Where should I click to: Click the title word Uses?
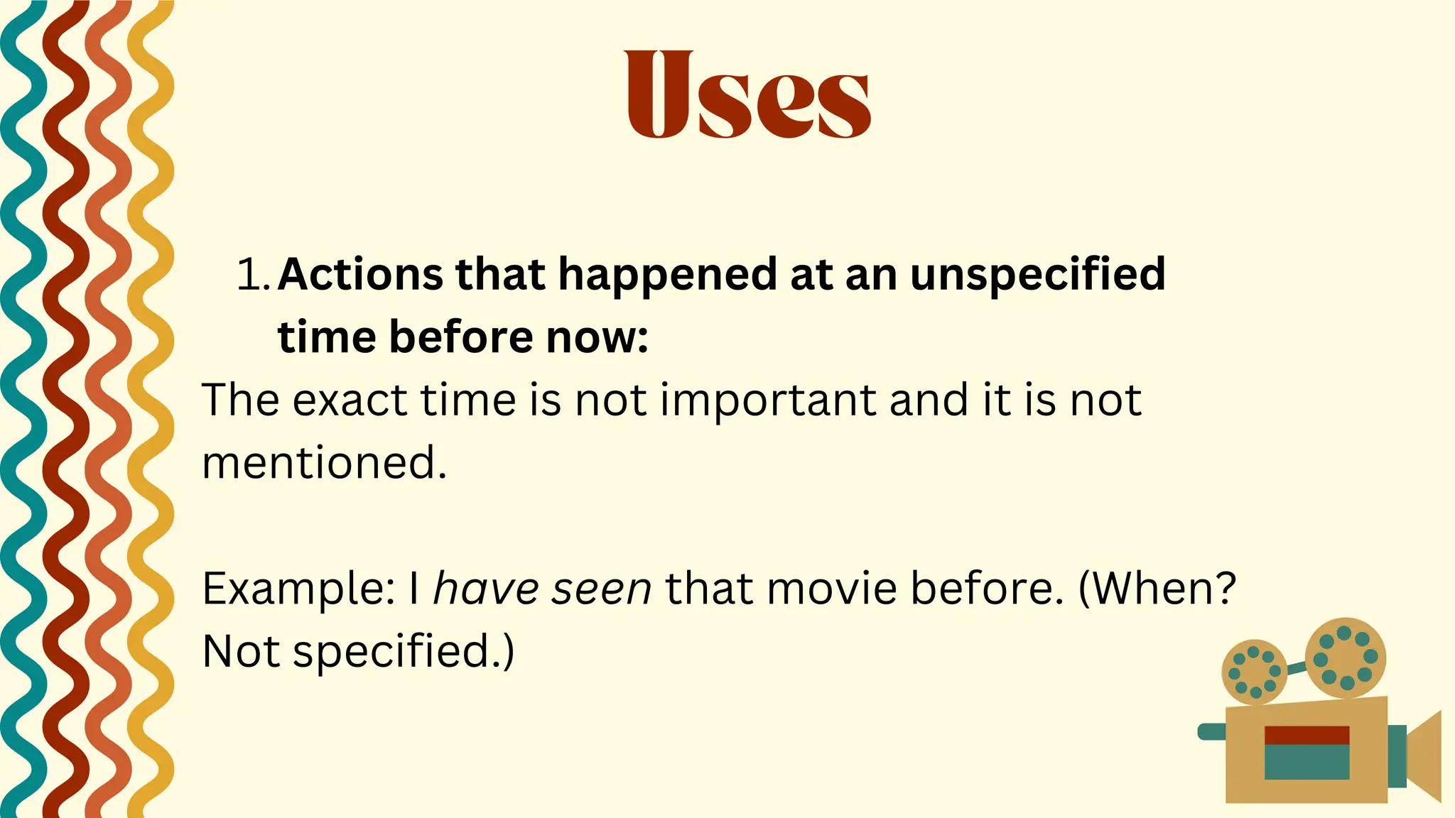click(747, 94)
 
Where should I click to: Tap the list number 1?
click(251, 275)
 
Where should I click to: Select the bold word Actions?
click(361, 275)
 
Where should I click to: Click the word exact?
click(350, 400)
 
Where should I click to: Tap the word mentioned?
click(324, 463)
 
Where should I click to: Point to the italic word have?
click(486, 589)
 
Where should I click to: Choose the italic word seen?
click(602, 589)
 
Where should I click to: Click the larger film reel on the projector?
click(1345, 658)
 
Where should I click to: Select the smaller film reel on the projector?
click(1254, 672)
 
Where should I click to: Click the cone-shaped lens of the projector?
click(1424, 756)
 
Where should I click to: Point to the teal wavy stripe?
click(21, 426)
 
